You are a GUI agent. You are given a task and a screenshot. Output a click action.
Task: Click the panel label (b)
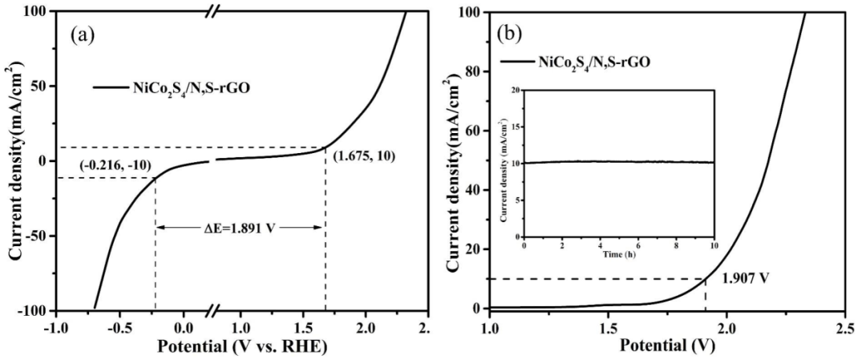[x=512, y=35]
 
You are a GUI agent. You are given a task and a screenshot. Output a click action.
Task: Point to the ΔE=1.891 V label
[x=240, y=228]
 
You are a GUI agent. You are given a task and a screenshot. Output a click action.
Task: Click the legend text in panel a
[x=188, y=88]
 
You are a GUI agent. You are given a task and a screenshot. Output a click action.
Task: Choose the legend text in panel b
[x=593, y=60]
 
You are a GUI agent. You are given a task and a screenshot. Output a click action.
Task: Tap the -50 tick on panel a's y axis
[x=35, y=236]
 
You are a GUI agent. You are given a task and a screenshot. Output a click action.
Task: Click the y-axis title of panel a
[x=14, y=161]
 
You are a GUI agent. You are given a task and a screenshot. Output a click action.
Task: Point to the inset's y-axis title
[x=503, y=164]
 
